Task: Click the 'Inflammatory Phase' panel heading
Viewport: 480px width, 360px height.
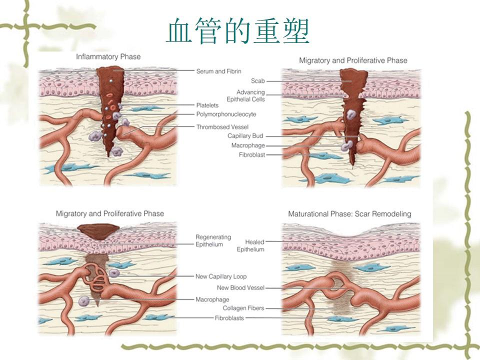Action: (108, 57)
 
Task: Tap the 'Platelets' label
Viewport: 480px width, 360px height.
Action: (207, 105)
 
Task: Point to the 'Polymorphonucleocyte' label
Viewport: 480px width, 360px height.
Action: (226, 114)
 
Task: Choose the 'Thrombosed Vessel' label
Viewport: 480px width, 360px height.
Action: (222, 127)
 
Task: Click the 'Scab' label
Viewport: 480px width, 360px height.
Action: (258, 80)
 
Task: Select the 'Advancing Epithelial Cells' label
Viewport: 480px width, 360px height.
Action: (250, 96)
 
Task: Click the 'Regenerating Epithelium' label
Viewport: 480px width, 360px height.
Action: (212, 240)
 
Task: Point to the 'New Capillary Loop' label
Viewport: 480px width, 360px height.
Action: (220, 276)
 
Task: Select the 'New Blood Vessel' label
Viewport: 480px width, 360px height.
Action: (240, 288)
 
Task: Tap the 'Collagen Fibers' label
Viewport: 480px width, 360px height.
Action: (243, 308)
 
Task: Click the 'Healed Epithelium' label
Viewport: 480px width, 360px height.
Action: (250, 245)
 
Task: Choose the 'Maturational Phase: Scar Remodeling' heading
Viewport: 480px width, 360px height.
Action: (349, 214)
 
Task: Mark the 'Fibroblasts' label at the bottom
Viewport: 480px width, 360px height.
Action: (229, 318)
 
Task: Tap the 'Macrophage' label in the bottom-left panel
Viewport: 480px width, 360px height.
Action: (209, 299)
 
